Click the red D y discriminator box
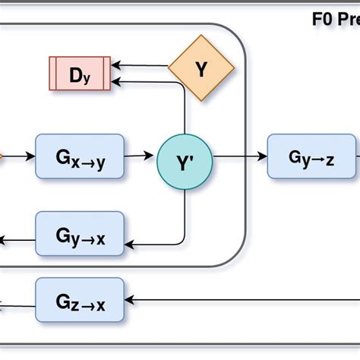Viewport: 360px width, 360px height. (80, 74)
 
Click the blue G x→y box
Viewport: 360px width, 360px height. (80, 157)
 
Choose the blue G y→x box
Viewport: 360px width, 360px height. (80, 235)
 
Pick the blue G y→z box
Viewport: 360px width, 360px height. (311, 156)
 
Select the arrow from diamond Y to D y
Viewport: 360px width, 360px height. (141, 67)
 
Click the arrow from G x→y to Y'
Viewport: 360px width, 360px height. (141, 156)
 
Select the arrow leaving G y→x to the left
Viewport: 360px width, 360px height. (15, 241)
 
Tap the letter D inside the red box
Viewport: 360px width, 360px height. (75, 74)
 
